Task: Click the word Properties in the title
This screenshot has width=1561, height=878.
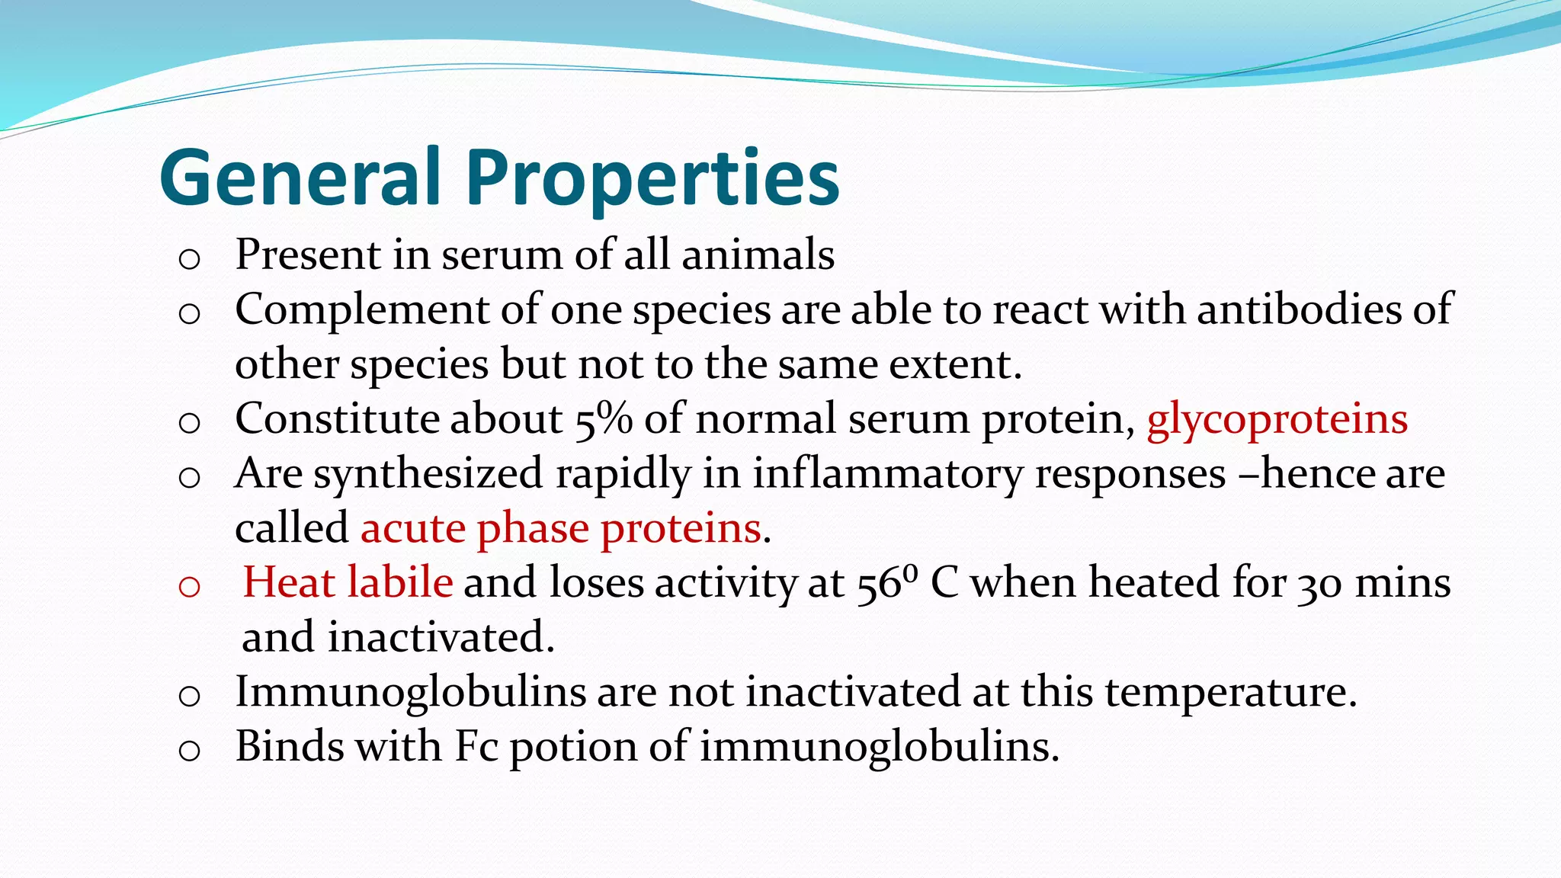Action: tap(652, 178)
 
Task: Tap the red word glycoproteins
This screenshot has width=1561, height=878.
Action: tap(1277, 419)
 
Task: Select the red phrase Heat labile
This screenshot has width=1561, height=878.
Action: tap(348, 583)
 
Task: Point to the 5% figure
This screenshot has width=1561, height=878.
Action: tap(603, 419)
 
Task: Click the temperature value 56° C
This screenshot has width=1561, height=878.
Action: tap(907, 583)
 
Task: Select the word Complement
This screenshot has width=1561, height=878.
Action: tap(362, 310)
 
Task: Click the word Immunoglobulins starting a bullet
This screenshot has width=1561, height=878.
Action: tap(410, 692)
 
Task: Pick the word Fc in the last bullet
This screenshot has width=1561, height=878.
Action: tap(476, 746)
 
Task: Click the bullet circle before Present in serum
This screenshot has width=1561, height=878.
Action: tap(189, 260)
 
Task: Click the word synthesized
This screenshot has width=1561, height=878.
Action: tap(428, 474)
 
